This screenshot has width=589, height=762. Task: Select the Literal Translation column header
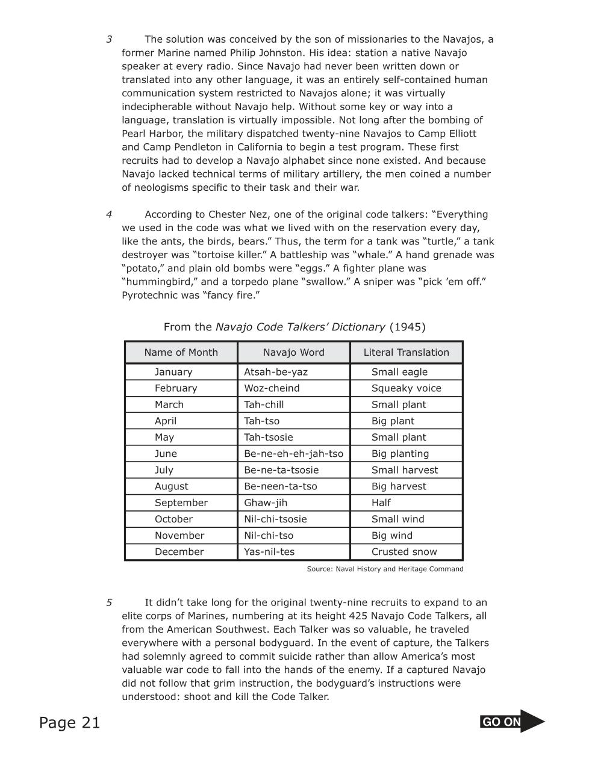pos(406,353)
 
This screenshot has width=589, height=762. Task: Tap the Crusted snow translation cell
pos(404,552)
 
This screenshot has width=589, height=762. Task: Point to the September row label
pos(181,503)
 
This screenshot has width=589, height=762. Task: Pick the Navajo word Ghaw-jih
pos(266,503)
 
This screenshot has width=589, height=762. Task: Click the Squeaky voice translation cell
pos(406,388)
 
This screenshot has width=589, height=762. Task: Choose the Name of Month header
pos(181,353)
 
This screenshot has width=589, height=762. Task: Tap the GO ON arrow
pos(512,722)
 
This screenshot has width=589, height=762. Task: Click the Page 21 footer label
pos(70,723)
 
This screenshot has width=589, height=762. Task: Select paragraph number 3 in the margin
pos(109,40)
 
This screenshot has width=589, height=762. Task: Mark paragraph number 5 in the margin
pos(109,602)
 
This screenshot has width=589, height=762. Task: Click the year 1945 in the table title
pos(407,327)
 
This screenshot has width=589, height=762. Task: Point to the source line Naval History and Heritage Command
pos(385,569)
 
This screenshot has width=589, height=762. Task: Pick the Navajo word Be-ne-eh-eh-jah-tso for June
pos(293,454)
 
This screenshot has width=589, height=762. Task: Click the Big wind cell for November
pos(392,536)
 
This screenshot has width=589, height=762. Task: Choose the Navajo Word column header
pos(293,353)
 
